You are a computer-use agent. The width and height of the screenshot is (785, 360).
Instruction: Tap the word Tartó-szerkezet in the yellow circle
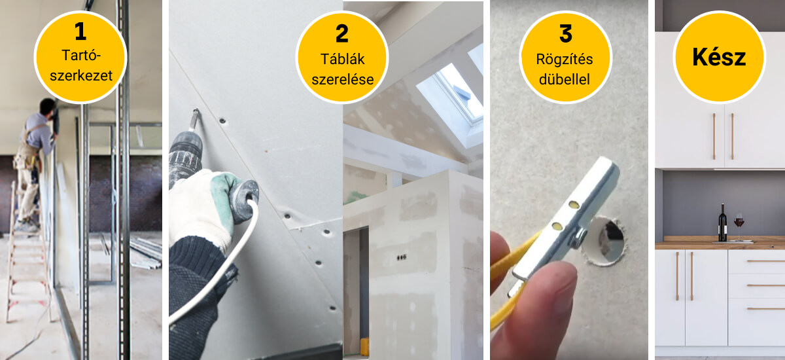(80, 65)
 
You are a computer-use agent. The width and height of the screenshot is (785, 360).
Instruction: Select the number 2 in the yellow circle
(342, 35)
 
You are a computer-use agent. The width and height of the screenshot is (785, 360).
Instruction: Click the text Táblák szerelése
(342, 69)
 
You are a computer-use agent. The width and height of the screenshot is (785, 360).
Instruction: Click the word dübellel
(566, 81)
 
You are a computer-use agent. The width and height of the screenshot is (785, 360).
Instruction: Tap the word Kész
(719, 57)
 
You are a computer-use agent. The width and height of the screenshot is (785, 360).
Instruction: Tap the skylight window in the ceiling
(451, 98)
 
